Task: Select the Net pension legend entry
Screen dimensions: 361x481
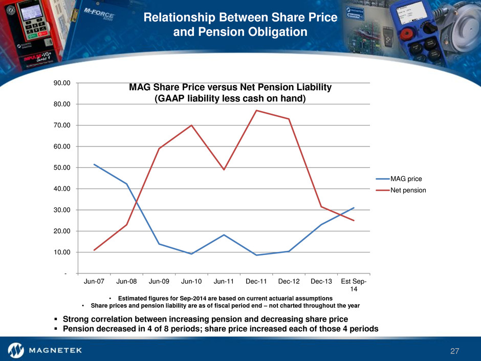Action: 409,190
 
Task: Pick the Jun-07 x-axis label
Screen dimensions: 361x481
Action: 94,282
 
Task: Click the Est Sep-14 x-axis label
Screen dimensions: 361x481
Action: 354,285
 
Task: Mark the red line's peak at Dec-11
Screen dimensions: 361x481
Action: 256,111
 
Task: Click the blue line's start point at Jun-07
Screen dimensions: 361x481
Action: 94,164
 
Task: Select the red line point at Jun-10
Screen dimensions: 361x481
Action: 191,125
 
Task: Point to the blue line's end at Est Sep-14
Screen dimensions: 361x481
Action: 354,208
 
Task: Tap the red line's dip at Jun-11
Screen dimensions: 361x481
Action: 224,169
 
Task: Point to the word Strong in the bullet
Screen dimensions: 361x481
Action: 77,319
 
